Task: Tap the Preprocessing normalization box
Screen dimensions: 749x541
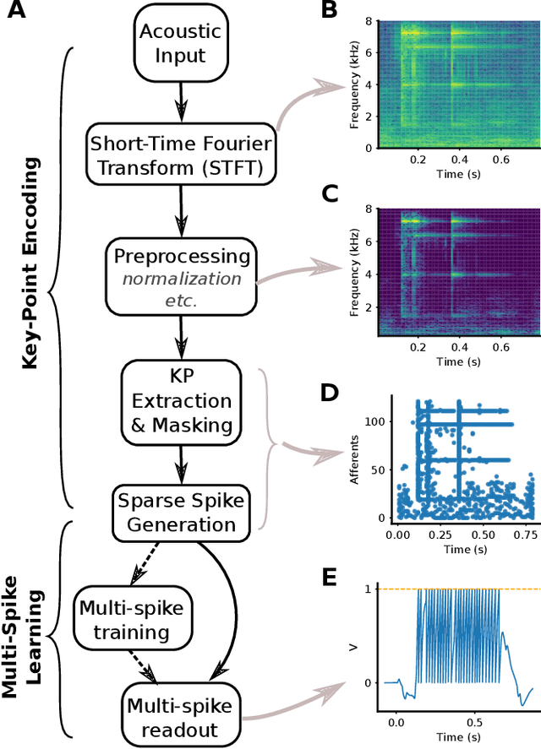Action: point(178,278)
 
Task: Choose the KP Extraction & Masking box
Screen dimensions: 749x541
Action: point(178,399)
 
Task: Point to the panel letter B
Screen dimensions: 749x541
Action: point(329,11)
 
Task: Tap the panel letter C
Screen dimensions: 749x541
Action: point(330,195)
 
